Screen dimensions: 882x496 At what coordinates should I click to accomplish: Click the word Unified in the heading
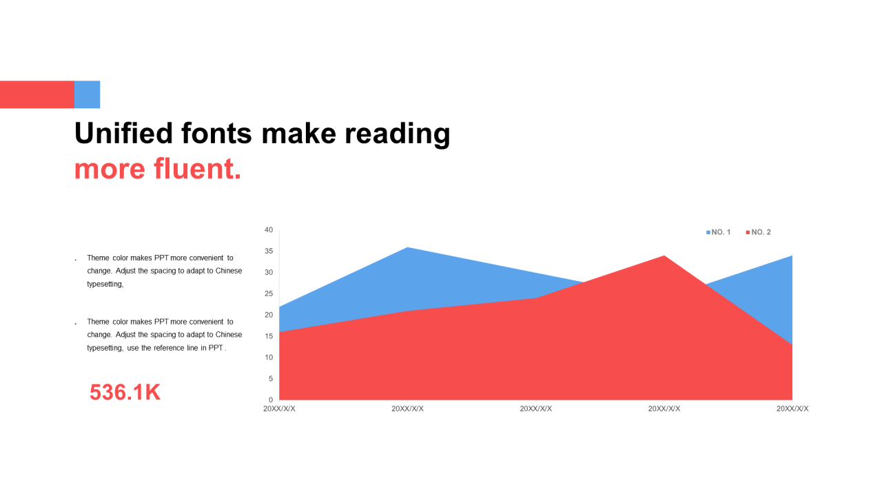point(123,133)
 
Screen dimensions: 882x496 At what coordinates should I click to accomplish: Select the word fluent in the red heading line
point(197,169)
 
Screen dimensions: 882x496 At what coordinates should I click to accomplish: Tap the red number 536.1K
point(125,392)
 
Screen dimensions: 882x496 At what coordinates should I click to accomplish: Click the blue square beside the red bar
point(87,94)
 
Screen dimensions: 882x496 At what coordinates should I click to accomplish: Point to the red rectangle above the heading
point(37,94)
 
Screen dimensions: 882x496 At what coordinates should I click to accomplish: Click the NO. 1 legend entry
point(718,232)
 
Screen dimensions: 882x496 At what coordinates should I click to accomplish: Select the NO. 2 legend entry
point(759,232)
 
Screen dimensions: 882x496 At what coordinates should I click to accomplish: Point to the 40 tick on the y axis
point(269,230)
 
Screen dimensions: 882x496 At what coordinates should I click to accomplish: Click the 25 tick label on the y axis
point(269,293)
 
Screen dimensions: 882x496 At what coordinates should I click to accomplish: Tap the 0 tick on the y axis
point(271,400)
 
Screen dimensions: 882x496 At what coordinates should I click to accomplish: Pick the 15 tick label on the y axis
point(269,336)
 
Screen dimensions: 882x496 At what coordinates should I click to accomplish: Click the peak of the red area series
point(664,256)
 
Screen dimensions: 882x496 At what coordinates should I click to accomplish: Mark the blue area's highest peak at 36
point(407,247)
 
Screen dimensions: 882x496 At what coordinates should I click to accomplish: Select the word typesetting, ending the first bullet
point(105,285)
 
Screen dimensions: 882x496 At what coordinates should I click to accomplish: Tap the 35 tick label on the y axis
point(269,251)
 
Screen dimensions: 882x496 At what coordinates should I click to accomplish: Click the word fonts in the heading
point(216,133)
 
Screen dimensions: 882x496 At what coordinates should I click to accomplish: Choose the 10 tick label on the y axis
point(269,358)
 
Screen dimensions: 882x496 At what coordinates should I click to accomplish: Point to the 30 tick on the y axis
point(269,272)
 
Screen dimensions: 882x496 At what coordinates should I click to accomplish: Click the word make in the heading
point(299,133)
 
